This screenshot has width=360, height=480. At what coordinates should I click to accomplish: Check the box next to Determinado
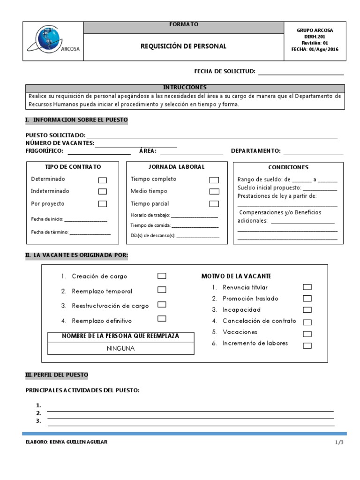click(102, 180)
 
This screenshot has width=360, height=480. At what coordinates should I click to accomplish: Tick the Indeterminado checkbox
click(102, 191)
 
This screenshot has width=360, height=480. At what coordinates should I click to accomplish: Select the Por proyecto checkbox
click(102, 204)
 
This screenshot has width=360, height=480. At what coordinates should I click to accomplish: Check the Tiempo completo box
click(214, 180)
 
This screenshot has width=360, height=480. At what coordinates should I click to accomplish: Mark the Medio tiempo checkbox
click(214, 191)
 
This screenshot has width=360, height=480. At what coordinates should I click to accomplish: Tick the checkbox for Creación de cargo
click(162, 276)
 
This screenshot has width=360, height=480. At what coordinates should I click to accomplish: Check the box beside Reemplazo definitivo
click(162, 319)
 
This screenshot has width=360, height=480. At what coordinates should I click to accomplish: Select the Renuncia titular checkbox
click(307, 287)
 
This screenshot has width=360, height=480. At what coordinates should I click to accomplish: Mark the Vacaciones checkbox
click(307, 334)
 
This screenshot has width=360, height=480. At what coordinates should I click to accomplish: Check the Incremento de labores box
click(307, 346)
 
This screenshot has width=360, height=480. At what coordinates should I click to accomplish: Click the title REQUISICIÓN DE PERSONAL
click(183, 46)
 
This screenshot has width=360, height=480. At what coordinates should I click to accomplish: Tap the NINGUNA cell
click(121, 348)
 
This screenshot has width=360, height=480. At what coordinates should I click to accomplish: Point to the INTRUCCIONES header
click(185, 88)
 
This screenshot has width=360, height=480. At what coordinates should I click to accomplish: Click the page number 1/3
click(339, 442)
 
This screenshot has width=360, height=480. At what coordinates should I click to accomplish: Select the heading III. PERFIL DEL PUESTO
click(56, 375)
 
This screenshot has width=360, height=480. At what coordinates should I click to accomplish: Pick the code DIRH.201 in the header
click(315, 37)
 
